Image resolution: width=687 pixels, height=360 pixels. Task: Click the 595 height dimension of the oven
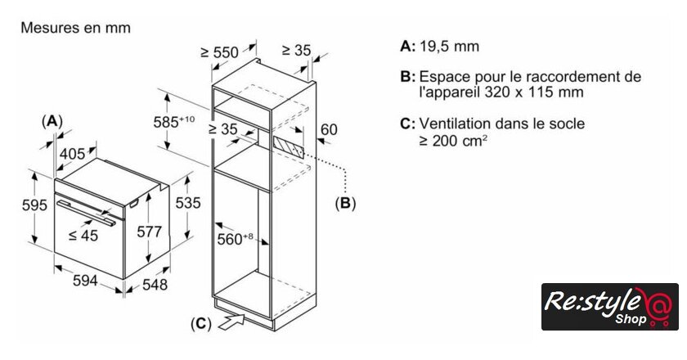pos(34,205)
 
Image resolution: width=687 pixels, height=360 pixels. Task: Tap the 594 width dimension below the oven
pos(84,280)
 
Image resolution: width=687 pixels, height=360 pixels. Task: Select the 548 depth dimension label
pos(155,285)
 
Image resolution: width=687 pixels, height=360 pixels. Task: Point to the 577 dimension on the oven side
pos(149,232)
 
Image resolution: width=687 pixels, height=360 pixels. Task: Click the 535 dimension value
pos(187,203)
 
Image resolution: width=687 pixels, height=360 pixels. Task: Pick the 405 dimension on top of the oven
pos(72,154)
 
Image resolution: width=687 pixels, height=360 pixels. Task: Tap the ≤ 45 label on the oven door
pos(83,236)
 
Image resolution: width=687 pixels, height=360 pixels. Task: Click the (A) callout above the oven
pos(52,121)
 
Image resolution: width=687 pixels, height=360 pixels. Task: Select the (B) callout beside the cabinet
pos(345,203)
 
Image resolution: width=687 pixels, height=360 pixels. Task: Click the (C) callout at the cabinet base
pos(201,324)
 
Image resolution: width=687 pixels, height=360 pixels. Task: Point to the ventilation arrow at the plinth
pos(231,322)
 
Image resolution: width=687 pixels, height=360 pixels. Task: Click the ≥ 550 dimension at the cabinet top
pos(219,52)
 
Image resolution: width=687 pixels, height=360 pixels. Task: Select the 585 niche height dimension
pos(173,121)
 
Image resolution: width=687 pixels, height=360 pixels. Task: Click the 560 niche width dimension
pos(235,239)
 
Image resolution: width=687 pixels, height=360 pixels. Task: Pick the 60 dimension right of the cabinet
pos(329,130)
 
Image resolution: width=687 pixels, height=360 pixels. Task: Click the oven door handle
pos(87,213)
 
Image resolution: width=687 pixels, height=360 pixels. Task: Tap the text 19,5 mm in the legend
pos(449,47)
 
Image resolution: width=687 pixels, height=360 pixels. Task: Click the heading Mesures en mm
pos(76,28)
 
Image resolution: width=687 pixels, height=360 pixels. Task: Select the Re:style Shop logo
pos(609,307)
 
